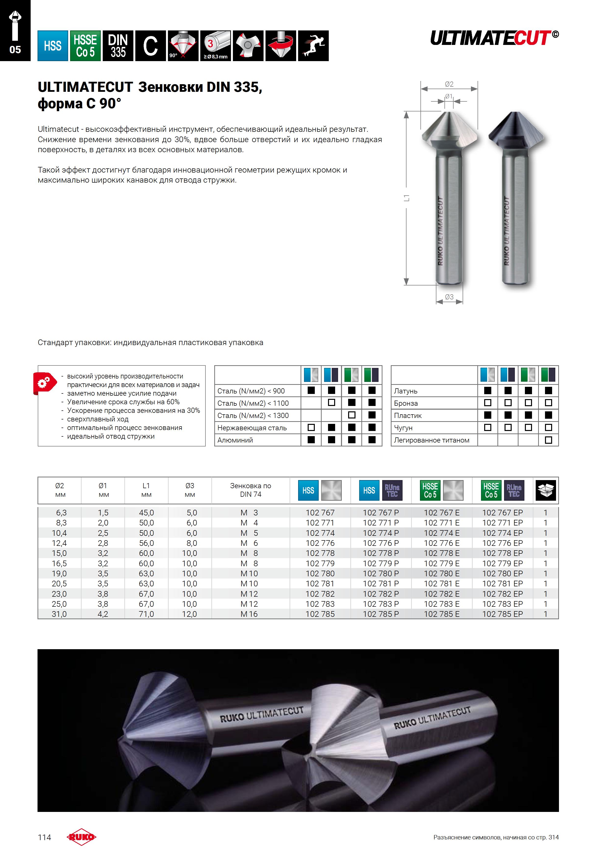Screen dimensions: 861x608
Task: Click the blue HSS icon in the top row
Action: click(52, 46)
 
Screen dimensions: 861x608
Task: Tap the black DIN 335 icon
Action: click(118, 46)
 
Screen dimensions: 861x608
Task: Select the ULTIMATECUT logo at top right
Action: click(494, 38)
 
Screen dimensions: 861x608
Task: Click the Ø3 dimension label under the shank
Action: click(449, 297)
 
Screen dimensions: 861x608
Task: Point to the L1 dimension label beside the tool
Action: click(406, 198)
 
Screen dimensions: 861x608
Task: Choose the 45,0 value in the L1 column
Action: click(146, 513)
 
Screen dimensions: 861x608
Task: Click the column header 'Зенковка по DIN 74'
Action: click(251, 490)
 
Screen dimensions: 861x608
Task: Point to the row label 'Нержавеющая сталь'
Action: click(252, 428)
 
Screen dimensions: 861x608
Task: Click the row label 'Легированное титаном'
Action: click(431, 440)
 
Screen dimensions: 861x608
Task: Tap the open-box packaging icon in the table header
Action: click(545, 490)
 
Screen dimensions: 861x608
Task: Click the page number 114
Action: click(44, 837)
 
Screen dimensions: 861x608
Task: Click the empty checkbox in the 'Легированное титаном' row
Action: click(548, 440)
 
